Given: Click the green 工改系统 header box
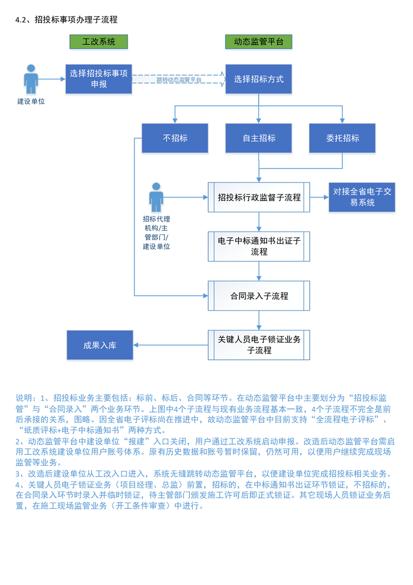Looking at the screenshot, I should (99, 42).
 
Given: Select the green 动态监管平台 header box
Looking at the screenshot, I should (258, 42).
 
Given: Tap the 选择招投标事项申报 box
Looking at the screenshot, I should (99, 79).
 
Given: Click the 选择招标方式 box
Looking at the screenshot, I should (258, 79).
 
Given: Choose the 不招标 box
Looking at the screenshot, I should (175, 138).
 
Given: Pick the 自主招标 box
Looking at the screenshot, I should (259, 138).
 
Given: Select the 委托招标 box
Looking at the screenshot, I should (342, 138).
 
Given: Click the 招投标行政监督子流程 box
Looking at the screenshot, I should (259, 198).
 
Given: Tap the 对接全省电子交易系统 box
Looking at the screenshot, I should (362, 197).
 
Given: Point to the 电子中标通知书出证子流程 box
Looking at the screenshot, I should (259, 247).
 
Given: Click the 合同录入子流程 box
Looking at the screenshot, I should (259, 296).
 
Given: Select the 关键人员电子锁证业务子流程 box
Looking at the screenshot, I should (259, 345).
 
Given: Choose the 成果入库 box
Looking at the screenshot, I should (100, 345).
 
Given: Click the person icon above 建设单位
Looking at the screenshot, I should (31, 79).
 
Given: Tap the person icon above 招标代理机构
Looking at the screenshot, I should (156, 197).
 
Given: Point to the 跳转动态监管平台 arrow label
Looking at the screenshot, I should (178, 80).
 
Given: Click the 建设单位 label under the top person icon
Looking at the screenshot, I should (31, 101).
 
